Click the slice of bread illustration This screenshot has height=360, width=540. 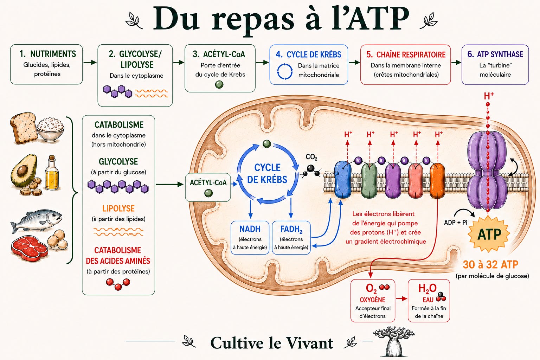point(24,128)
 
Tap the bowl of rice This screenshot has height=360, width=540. point(51,129)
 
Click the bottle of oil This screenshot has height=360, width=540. point(52,173)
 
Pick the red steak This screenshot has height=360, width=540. point(30,248)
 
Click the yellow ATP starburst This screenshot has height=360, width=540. point(489,234)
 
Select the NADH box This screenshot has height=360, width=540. point(250,238)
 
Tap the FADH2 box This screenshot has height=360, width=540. point(291,238)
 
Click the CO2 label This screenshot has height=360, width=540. point(311,157)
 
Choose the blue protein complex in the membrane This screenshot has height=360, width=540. point(342,180)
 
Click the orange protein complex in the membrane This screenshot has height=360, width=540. point(437,181)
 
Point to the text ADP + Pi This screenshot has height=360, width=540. point(456,222)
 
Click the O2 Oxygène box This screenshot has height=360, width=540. point(373,301)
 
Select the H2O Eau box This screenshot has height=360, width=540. point(429,301)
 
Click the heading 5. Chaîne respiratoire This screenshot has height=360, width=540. point(406,55)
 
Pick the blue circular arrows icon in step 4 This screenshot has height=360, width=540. point(285,71)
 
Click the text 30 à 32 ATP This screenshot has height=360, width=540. point(490,264)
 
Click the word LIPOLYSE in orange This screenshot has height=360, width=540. point(118,208)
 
